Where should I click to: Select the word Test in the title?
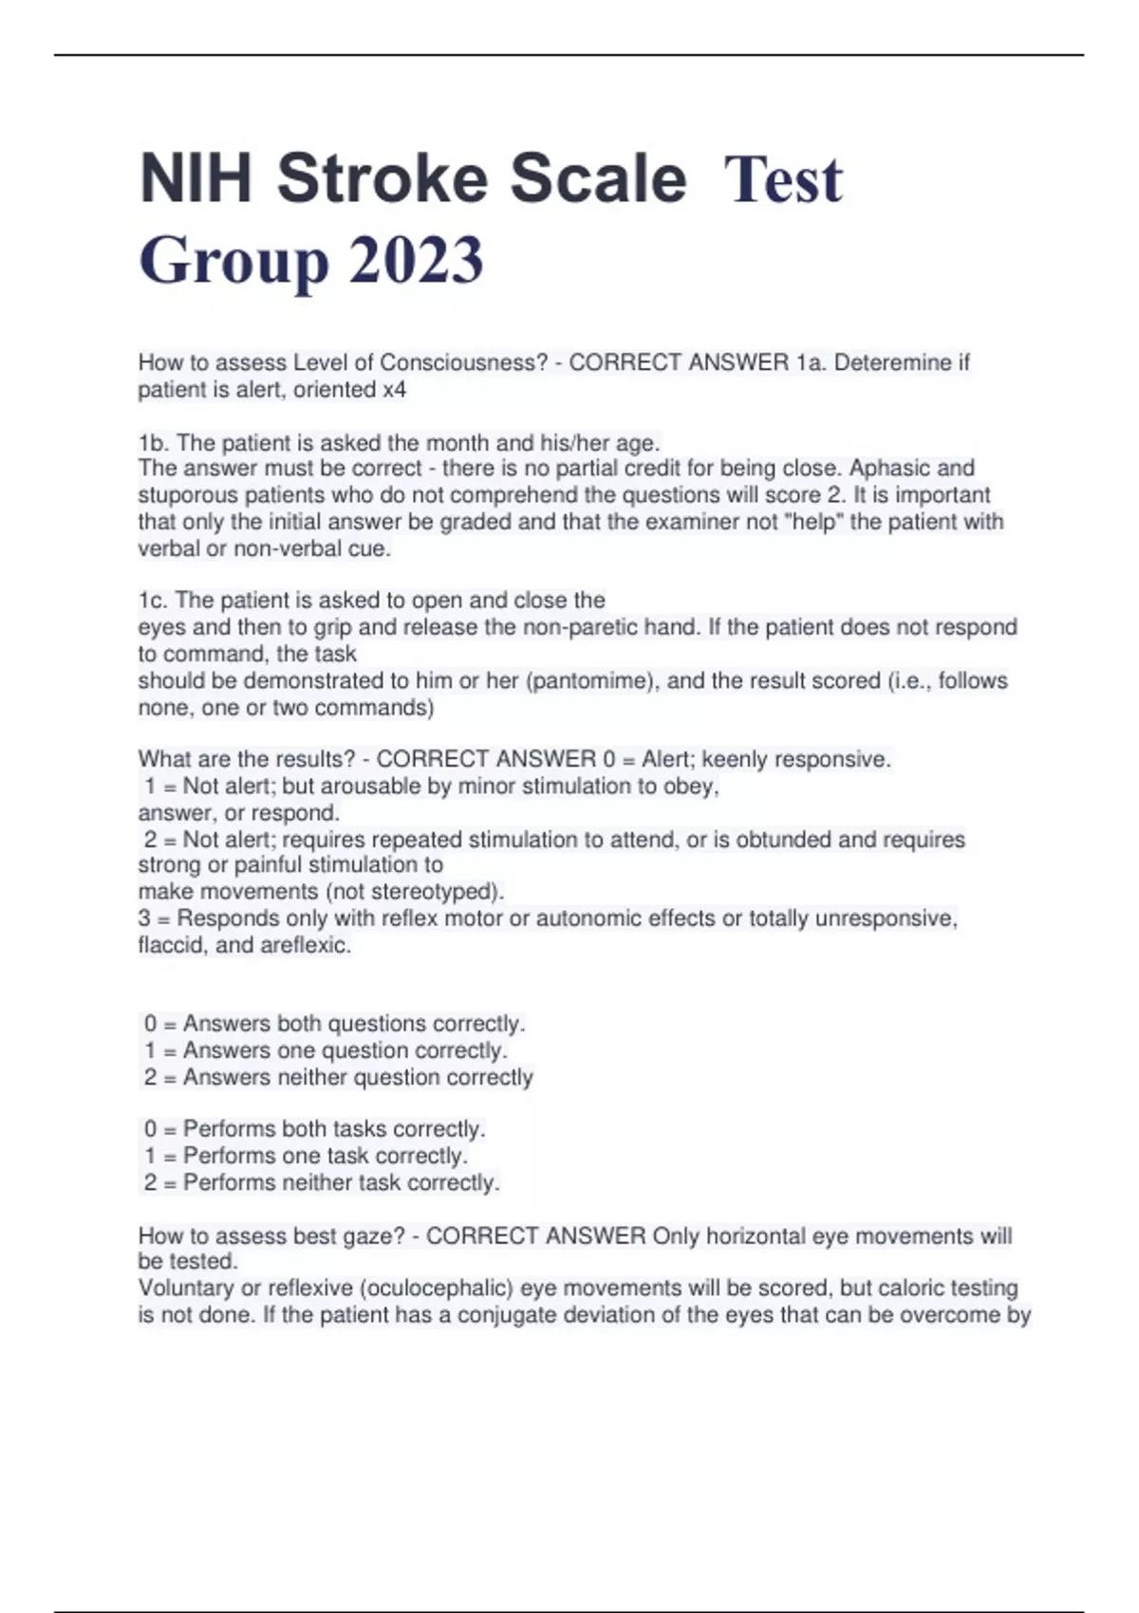coord(782,180)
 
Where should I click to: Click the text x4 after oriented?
coord(394,389)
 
